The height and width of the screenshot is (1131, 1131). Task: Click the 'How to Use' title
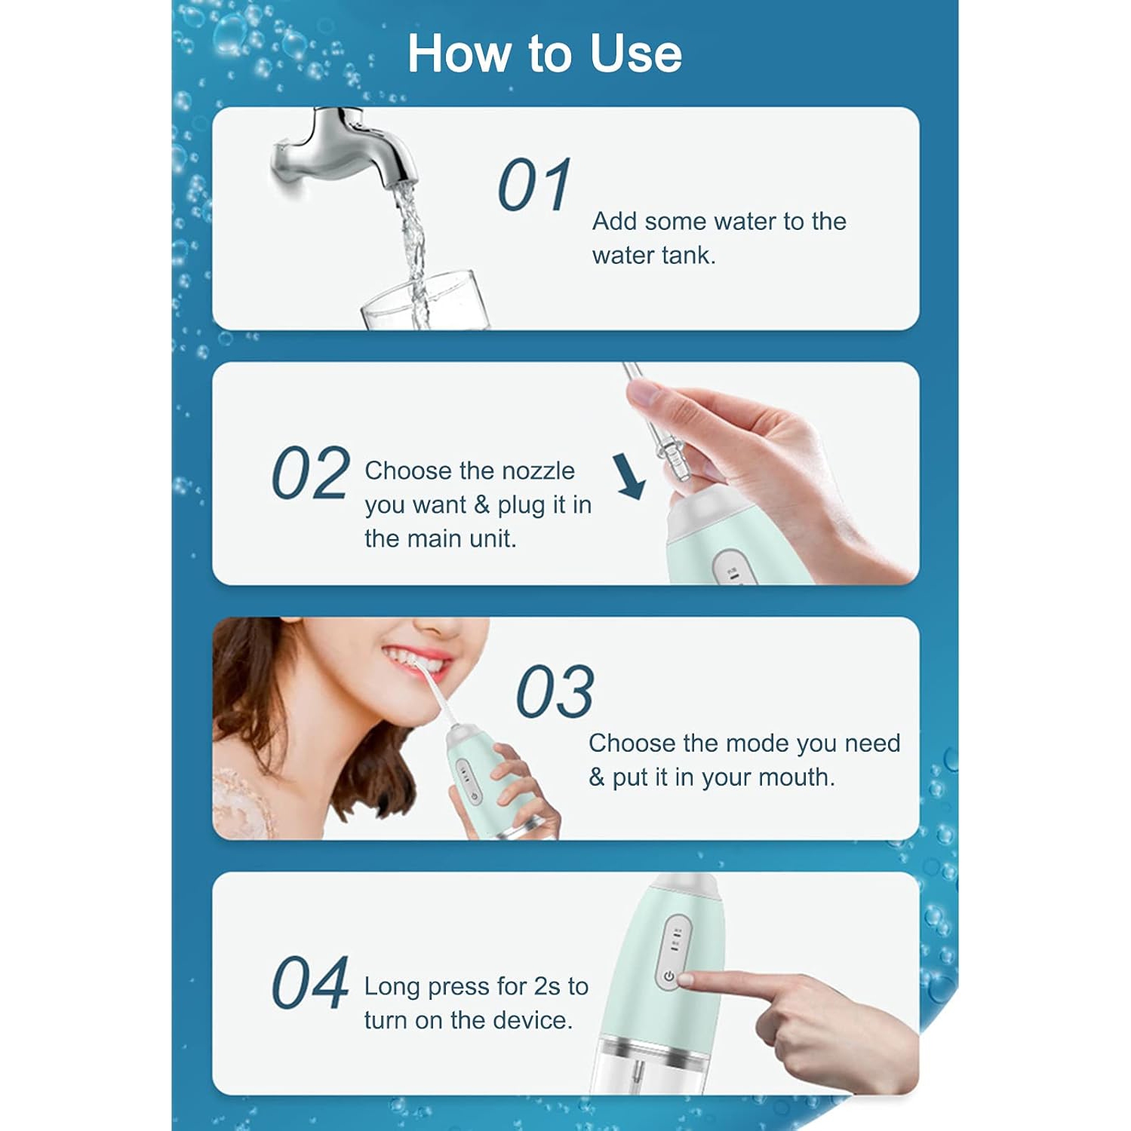(x=544, y=54)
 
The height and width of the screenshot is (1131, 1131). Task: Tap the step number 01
(x=534, y=185)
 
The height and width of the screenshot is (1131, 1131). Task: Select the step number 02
(x=310, y=474)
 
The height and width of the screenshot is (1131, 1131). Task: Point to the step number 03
(x=555, y=692)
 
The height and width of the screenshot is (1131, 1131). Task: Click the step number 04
(x=310, y=982)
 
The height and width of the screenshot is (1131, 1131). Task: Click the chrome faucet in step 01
(x=343, y=151)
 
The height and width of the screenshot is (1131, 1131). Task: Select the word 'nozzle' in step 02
(x=538, y=470)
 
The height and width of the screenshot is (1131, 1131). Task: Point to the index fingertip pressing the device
(x=689, y=979)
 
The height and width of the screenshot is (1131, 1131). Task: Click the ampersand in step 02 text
(x=481, y=504)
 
